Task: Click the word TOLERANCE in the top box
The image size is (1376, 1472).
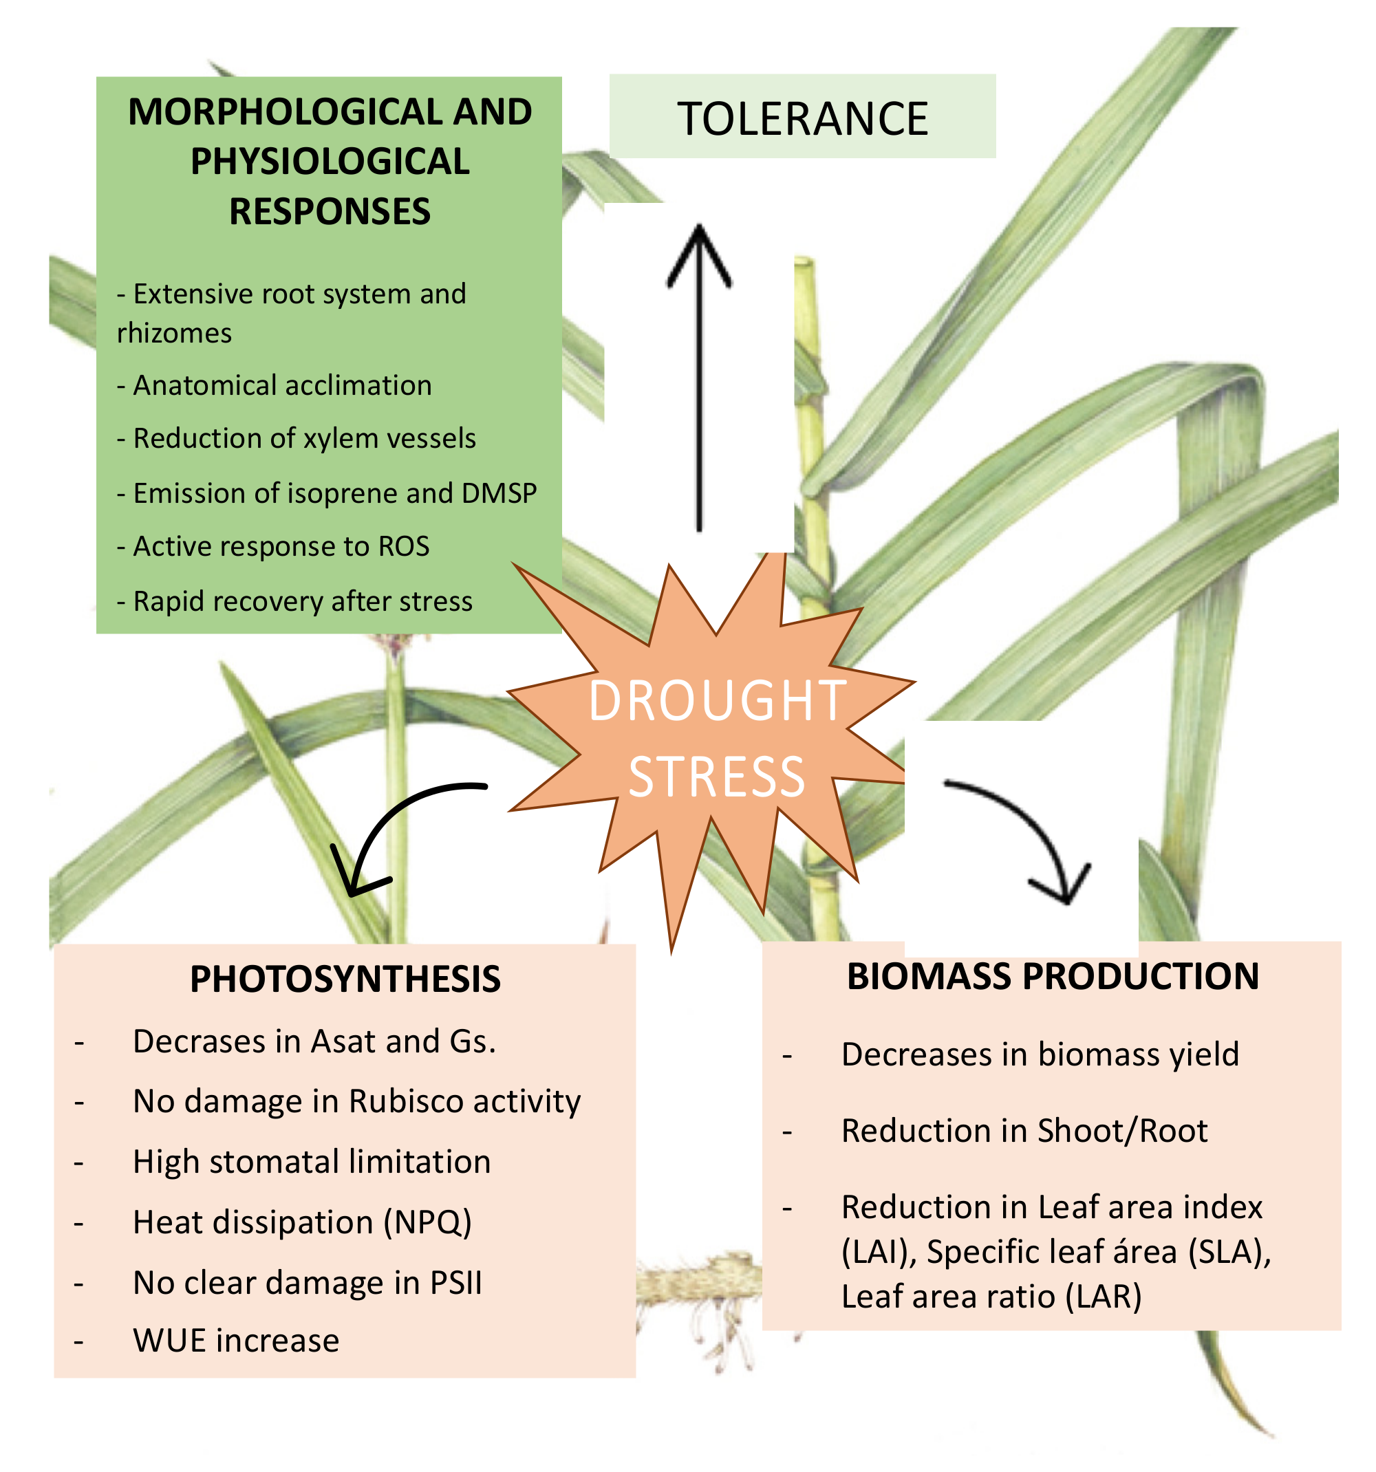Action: click(802, 118)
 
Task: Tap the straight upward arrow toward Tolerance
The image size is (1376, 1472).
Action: click(699, 378)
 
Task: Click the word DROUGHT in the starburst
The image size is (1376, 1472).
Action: click(717, 700)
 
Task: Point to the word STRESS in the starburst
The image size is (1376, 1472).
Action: click(717, 777)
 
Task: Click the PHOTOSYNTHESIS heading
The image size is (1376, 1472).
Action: click(345, 979)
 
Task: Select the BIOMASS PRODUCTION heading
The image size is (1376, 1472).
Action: click(1053, 976)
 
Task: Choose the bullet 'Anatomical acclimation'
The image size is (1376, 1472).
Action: click(281, 386)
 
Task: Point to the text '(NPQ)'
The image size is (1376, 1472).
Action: click(427, 1222)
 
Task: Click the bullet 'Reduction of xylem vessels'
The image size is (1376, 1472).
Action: click(303, 438)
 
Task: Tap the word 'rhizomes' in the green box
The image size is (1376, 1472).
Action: click(174, 333)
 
